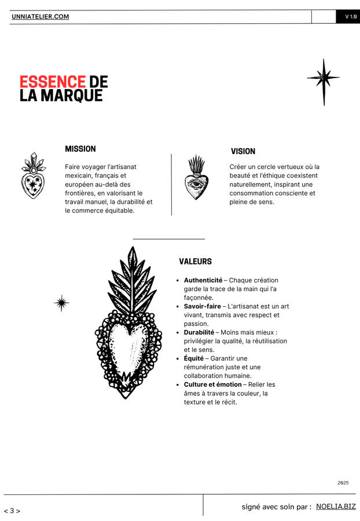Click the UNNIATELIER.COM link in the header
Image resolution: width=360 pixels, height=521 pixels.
coord(40,17)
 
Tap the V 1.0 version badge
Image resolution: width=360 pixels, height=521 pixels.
coord(351,17)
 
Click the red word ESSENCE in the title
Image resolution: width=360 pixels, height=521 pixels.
coord(52,82)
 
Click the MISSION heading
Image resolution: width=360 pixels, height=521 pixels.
coord(80,149)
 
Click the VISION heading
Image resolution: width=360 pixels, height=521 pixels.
coord(243,151)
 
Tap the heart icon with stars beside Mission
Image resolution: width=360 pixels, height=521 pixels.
coord(33,177)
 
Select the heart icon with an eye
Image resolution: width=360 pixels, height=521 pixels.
coord(196,178)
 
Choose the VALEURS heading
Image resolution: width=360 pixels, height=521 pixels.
coord(195,262)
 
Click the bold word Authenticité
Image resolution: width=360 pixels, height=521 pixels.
coord(203,280)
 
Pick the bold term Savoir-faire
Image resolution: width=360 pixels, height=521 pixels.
coord(203,306)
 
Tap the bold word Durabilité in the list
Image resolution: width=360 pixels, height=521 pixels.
coord(199,332)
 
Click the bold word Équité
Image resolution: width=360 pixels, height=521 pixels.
coord(194,358)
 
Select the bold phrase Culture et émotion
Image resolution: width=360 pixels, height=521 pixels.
coord(213,384)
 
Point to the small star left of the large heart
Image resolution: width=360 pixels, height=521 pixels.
coord(61,302)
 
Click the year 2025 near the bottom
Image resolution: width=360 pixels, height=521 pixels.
coord(343,482)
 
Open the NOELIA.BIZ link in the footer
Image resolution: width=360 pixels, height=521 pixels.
coord(336,507)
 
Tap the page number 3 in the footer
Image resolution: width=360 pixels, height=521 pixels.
coord(12,511)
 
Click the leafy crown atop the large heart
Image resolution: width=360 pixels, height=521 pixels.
coord(133,281)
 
